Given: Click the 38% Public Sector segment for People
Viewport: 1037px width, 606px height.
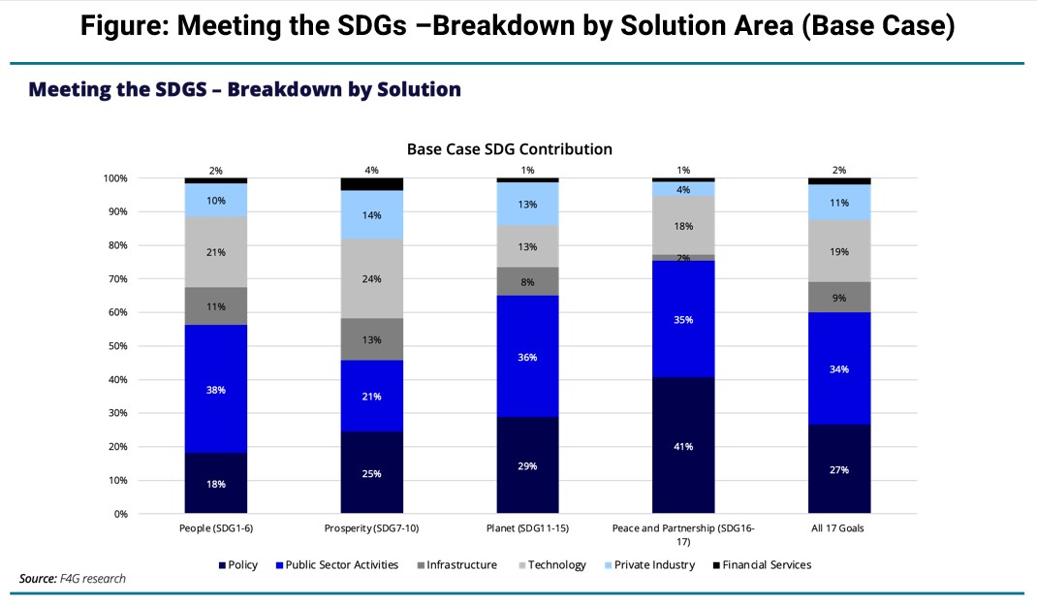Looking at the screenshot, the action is point(215,389).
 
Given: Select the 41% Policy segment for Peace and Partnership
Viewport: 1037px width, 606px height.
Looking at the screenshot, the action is point(683,445).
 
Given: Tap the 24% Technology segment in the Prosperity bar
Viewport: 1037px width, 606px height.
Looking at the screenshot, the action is point(372,278).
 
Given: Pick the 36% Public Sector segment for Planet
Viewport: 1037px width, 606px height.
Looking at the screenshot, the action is point(528,356).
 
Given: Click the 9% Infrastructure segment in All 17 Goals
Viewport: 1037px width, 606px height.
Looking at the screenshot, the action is point(839,297).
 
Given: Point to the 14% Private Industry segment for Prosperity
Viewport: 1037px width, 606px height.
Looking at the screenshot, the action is point(372,215).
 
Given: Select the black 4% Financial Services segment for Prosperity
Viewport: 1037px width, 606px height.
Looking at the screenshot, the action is point(372,184).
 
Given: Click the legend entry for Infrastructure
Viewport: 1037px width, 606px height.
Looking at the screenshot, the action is point(457,565).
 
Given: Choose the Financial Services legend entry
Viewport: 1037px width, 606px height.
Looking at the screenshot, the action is point(762,565).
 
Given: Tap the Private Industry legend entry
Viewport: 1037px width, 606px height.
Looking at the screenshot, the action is point(650,565).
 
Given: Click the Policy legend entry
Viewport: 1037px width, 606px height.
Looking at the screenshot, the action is point(238,565).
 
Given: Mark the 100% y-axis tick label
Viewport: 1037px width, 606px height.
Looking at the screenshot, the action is point(115,178).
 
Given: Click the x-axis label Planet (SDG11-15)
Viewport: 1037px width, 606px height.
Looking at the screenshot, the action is point(528,528).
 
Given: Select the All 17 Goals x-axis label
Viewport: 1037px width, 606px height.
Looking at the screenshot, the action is point(838,528).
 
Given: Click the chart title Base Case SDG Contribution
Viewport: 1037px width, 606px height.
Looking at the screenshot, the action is point(509,149).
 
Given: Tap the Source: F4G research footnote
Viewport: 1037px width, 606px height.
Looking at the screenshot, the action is point(72,579).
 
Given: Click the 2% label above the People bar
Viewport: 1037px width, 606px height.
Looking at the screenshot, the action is point(215,171).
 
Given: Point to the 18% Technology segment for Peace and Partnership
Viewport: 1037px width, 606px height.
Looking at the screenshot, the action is point(683,226).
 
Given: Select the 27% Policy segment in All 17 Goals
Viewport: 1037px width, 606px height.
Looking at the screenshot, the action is point(839,469).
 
